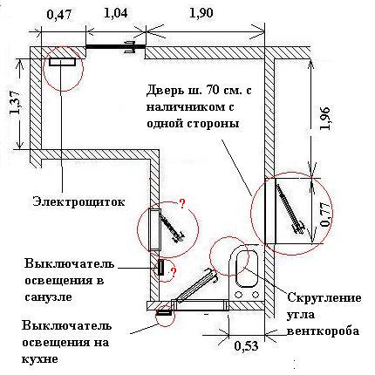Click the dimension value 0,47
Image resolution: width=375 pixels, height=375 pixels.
[x=59, y=15]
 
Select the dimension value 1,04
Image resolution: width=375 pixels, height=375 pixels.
[x=115, y=14]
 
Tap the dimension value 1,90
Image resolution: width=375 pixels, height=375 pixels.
[x=201, y=13]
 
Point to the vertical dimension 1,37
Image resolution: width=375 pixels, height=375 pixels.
[x=16, y=102]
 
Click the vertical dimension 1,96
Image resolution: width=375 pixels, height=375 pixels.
[x=325, y=118]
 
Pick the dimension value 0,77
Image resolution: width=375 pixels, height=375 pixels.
[x=325, y=215]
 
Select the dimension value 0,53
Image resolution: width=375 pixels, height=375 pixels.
[x=246, y=346]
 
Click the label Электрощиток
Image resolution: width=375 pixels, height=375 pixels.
[x=79, y=201]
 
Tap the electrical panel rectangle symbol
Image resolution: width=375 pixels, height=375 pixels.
[x=63, y=62]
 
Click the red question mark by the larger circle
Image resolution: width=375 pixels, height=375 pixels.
[x=182, y=204]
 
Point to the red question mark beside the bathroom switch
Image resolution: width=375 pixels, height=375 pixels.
[x=174, y=273]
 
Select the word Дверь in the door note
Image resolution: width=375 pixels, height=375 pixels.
[x=165, y=91]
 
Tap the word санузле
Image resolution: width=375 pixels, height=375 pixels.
[x=48, y=297]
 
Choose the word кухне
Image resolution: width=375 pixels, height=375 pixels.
[x=40, y=358]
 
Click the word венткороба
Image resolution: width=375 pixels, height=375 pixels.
[x=323, y=331]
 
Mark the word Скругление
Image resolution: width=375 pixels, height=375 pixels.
[x=324, y=298]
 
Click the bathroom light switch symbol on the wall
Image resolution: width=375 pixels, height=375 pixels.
[x=160, y=268]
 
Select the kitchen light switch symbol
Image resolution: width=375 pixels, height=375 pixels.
[x=163, y=312]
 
